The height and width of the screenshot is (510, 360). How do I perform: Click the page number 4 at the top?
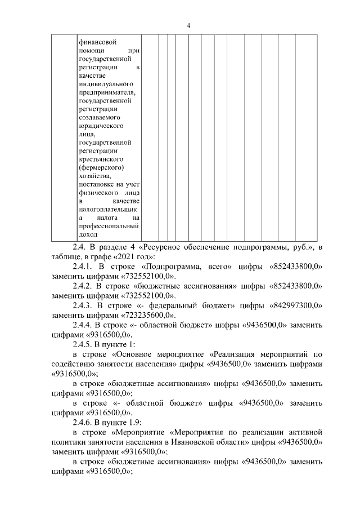pyautogui.click(x=189, y=25)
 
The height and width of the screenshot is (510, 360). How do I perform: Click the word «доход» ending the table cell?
pyautogui.click(x=88, y=234)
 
